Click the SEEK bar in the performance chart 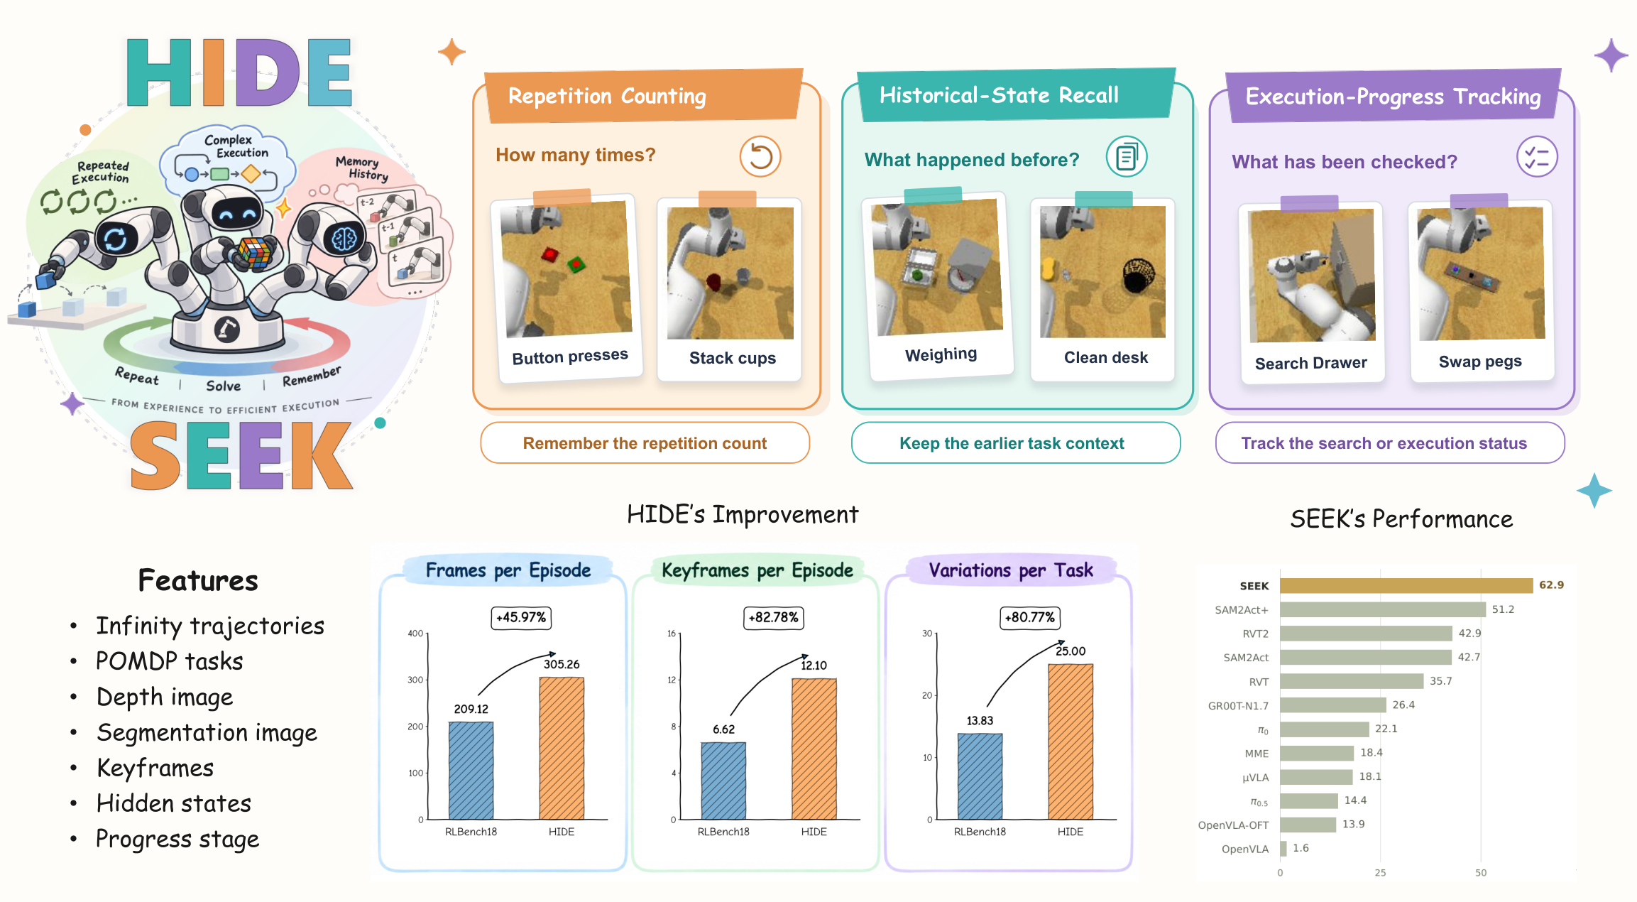[x=1406, y=585]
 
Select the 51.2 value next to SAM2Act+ [x=1503, y=609]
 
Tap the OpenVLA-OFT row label [x=1233, y=825]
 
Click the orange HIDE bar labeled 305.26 [x=562, y=748]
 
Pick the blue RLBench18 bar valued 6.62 [x=723, y=781]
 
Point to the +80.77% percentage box [x=1029, y=617]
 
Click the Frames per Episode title [x=508, y=570]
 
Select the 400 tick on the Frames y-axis [x=415, y=633]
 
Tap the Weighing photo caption [x=941, y=354]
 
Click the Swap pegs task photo [x=1481, y=273]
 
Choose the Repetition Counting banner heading [x=607, y=96]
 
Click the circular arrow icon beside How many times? [x=760, y=156]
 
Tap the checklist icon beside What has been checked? [x=1537, y=157]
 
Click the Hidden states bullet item [x=174, y=803]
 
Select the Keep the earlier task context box [x=1015, y=442]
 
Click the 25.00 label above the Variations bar [x=1071, y=651]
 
